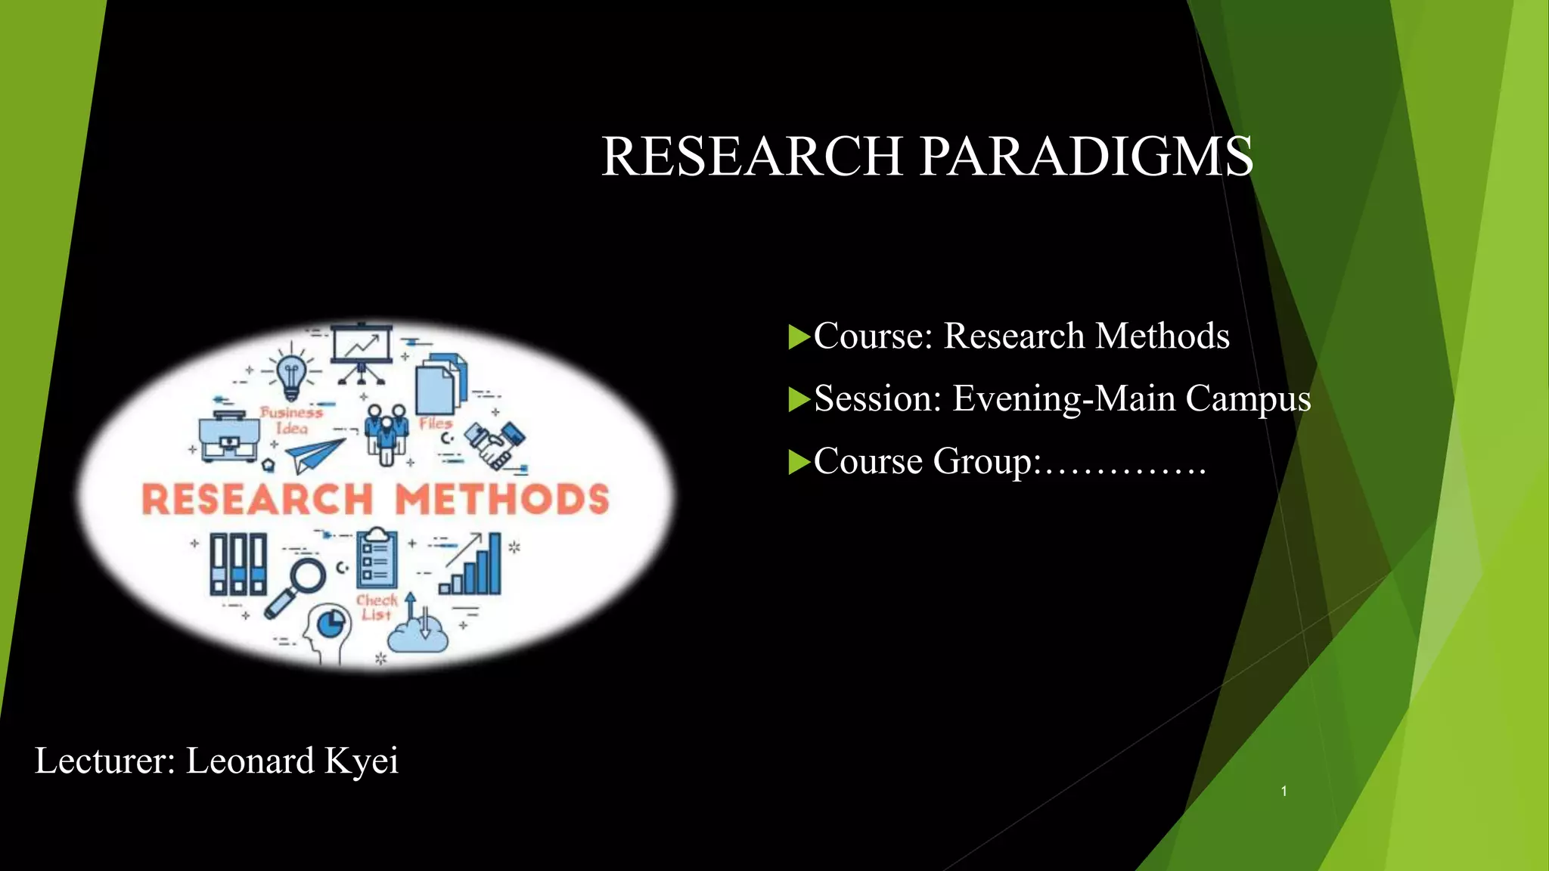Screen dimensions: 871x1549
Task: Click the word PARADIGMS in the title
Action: (1086, 157)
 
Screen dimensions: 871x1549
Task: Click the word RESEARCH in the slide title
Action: (752, 157)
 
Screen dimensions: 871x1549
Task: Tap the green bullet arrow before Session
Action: (799, 399)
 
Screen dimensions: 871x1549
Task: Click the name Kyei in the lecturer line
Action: (361, 761)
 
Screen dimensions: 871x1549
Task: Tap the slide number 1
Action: (1284, 791)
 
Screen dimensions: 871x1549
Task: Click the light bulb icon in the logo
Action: (291, 374)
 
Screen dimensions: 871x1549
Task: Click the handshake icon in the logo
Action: (495, 445)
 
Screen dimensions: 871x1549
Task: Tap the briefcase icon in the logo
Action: (228, 438)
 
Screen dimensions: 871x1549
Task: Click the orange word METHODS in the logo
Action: (502, 500)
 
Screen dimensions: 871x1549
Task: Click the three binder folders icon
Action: (237, 564)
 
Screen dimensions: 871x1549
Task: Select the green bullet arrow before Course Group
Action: (799, 462)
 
